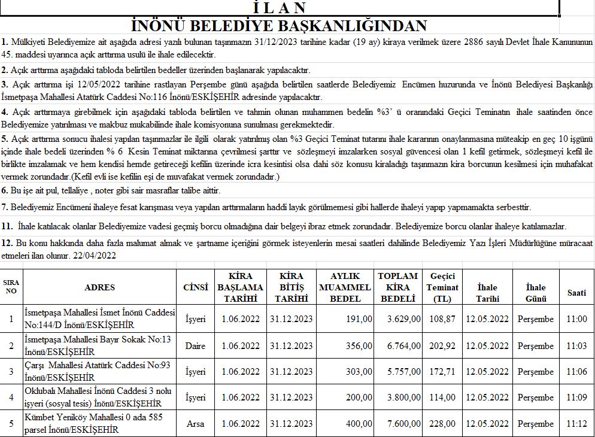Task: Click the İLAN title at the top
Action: (x=280, y=8)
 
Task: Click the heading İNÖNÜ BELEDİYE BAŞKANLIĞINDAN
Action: (x=279, y=26)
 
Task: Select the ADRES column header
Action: (x=99, y=287)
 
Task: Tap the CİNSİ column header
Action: (x=195, y=287)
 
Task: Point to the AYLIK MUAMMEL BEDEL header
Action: (x=345, y=287)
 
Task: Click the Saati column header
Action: (x=576, y=292)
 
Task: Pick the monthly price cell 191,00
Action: (x=359, y=319)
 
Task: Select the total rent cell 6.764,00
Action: (x=403, y=345)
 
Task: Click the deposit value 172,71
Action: (x=442, y=372)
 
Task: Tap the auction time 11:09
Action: (x=576, y=397)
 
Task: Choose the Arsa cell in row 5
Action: (x=195, y=424)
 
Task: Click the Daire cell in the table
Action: (x=195, y=345)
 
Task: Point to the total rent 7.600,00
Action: (x=403, y=424)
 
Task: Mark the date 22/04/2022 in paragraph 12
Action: (x=94, y=255)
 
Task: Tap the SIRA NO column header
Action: (x=11, y=287)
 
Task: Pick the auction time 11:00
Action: (x=576, y=319)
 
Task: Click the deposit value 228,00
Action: (x=442, y=424)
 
